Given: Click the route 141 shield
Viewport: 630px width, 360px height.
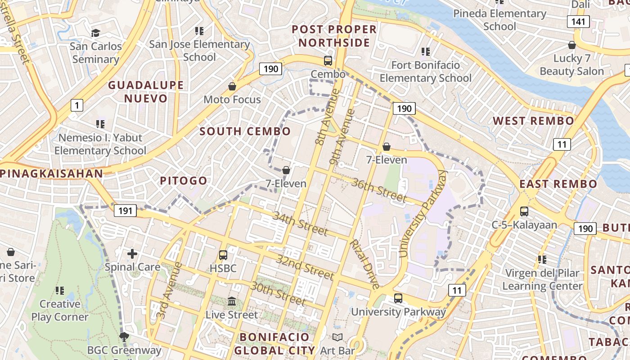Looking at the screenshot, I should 578,21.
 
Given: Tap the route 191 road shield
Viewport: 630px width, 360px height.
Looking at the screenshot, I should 125,211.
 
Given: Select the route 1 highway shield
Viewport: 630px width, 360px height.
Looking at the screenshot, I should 77,106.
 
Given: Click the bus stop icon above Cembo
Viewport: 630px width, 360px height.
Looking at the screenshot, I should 328,61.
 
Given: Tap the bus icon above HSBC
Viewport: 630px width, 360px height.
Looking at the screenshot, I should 223,255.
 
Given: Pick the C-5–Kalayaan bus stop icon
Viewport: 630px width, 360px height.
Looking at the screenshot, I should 524,211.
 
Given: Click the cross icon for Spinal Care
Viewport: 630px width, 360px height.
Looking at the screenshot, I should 132,254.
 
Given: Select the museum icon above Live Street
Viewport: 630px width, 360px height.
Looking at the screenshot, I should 232,301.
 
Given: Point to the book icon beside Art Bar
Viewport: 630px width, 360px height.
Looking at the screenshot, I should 337,337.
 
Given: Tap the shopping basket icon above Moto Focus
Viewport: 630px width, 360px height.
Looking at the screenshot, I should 232,86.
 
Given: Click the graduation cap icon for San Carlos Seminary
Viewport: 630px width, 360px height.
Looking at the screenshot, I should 95,33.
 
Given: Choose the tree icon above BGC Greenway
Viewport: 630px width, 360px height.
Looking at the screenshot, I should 124,337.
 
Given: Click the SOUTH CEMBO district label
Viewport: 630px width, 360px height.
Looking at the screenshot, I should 245,131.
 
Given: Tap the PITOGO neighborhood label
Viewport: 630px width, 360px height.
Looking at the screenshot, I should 184,181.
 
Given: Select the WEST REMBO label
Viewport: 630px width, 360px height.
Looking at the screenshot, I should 533,121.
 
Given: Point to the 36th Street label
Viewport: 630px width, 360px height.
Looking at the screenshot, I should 379,190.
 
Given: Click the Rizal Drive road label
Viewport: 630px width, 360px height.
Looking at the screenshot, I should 364,264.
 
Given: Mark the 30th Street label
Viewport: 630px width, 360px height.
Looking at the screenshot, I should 279,293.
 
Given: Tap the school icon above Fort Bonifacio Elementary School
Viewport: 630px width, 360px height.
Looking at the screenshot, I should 425,52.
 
